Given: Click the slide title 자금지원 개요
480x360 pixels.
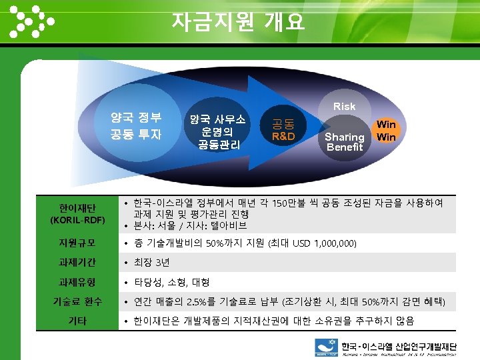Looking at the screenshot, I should point(239,22).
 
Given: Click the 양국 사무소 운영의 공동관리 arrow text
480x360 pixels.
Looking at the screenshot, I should point(218,131).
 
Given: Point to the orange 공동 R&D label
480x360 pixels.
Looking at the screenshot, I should point(283,130).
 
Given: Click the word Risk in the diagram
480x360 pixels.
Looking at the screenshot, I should point(344,106).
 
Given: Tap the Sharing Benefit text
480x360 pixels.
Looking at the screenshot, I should point(344,142).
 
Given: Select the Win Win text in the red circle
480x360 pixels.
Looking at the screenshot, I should point(386,131).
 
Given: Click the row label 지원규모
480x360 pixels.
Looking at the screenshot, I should point(77,242).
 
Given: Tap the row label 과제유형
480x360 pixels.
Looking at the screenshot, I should point(77,281).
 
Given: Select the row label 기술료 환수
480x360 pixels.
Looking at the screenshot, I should point(77,301).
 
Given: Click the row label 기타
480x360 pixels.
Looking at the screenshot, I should point(77,321).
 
